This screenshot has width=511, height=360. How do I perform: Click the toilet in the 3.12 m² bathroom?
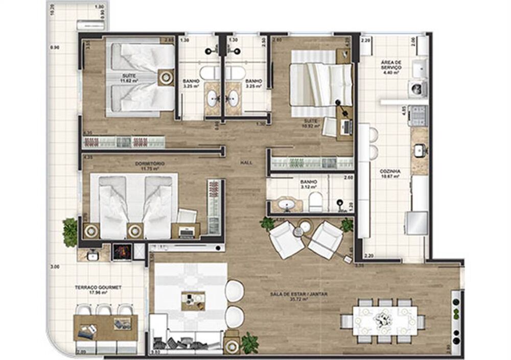click(x=315, y=203)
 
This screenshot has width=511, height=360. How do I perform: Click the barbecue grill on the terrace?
click(x=122, y=252)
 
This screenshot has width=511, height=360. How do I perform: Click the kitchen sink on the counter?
click(x=419, y=150)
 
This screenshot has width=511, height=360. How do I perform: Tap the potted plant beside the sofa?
click(x=250, y=343)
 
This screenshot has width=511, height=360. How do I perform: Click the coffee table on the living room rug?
click(x=193, y=301)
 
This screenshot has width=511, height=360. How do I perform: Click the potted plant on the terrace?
click(x=70, y=232)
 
